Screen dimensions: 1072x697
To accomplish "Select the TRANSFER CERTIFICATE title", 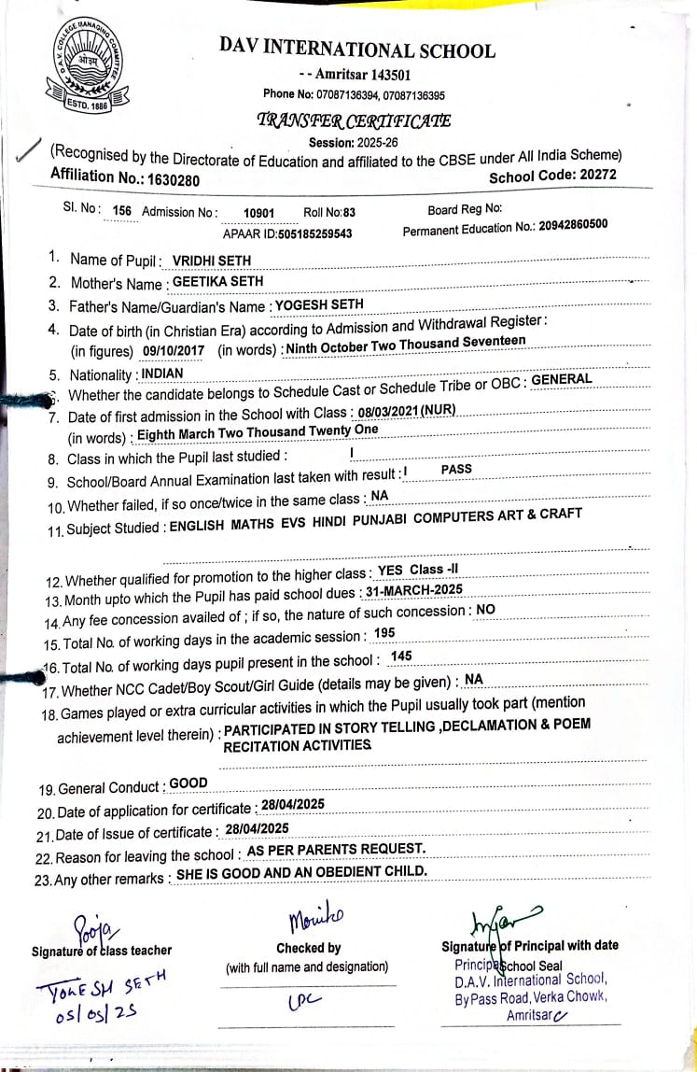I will (354, 120).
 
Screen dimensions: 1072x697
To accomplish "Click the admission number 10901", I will (258, 213).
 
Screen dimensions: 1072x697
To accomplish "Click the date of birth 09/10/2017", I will (174, 350).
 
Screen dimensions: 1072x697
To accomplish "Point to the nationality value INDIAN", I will (162, 374).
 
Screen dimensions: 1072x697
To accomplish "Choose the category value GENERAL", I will (562, 379).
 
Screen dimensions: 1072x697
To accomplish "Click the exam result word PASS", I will (456, 469).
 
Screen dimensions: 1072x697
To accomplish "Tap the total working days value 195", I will (383, 633).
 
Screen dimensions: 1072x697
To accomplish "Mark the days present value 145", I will (401, 656).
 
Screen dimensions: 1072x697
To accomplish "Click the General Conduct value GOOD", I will (188, 783).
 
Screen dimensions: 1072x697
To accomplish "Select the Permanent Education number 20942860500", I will (573, 224).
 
